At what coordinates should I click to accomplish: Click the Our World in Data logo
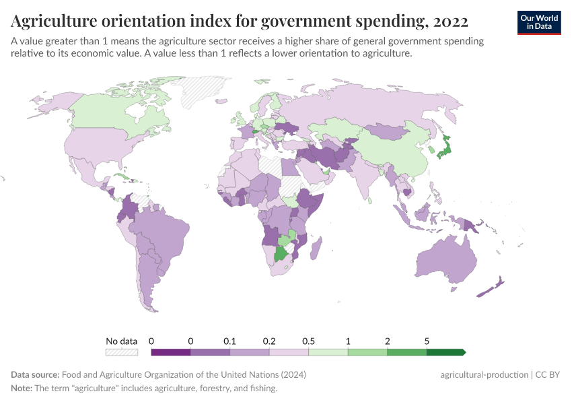539,22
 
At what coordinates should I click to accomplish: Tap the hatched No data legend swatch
122,351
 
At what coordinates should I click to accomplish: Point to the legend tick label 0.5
309,341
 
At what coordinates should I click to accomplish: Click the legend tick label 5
427,341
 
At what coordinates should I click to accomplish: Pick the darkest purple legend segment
171,351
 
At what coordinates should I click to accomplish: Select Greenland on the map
205,91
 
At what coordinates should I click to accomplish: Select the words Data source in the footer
35,375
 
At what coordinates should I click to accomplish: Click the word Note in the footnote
22,389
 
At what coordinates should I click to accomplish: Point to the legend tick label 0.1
230,341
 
